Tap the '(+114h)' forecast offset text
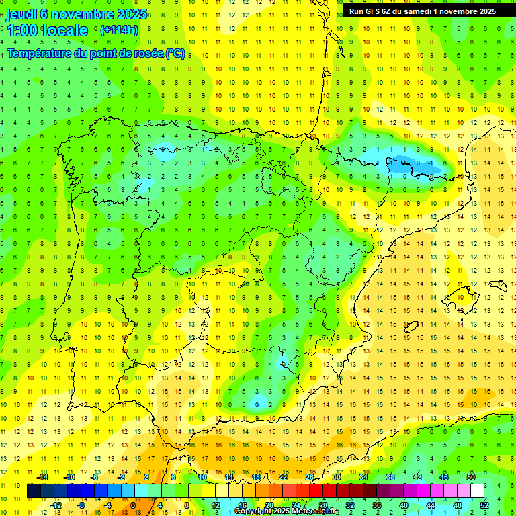click(x=120, y=30)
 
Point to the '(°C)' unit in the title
click(x=175, y=54)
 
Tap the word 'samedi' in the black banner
click(x=425, y=11)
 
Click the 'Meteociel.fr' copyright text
click(x=310, y=511)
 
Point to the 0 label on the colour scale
click(x=132, y=505)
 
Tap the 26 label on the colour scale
click(x=310, y=476)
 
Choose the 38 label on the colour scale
click(x=390, y=476)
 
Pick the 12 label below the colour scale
click(x=216, y=505)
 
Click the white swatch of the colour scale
click(x=478, y=490)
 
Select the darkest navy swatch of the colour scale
click(x=34, y=490)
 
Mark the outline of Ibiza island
click(x=413, y=327)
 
